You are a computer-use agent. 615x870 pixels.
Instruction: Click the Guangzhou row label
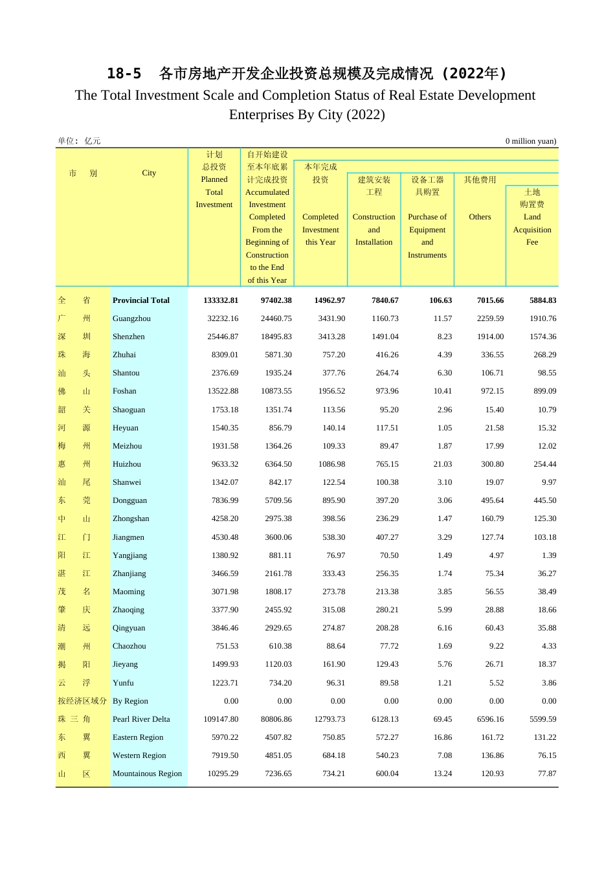pyautogui.click(x=131, y=318)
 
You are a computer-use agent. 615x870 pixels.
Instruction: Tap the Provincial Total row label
pyautogui.click(x=140, y=300)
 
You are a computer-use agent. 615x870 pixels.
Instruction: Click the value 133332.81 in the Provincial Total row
pyautogui.click(x=221, y=300)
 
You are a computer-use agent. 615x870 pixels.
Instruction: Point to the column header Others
pyautogui.click(x=480, y=217)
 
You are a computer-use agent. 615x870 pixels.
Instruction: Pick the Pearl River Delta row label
pyautogui.click(x=141, y=719)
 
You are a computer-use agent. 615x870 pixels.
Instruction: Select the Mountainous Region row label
pyautogui.click(x=147, y=774)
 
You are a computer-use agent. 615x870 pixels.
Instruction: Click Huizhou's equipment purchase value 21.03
pyautogui.click(x=443, y=464)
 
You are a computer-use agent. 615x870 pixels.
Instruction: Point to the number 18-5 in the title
pyautogui.click(x=124, y=74)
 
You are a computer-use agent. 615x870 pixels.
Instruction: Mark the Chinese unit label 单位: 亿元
pyautogui.click(x=79, y=141)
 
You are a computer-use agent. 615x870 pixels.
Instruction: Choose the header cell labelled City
pyautogui.click(x=149, y=173)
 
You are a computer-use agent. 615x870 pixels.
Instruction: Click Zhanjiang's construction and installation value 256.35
pyautogui.click(x=387, y=574)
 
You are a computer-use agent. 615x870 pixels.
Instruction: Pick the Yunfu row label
pyautogui.click(x=123, y=683)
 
